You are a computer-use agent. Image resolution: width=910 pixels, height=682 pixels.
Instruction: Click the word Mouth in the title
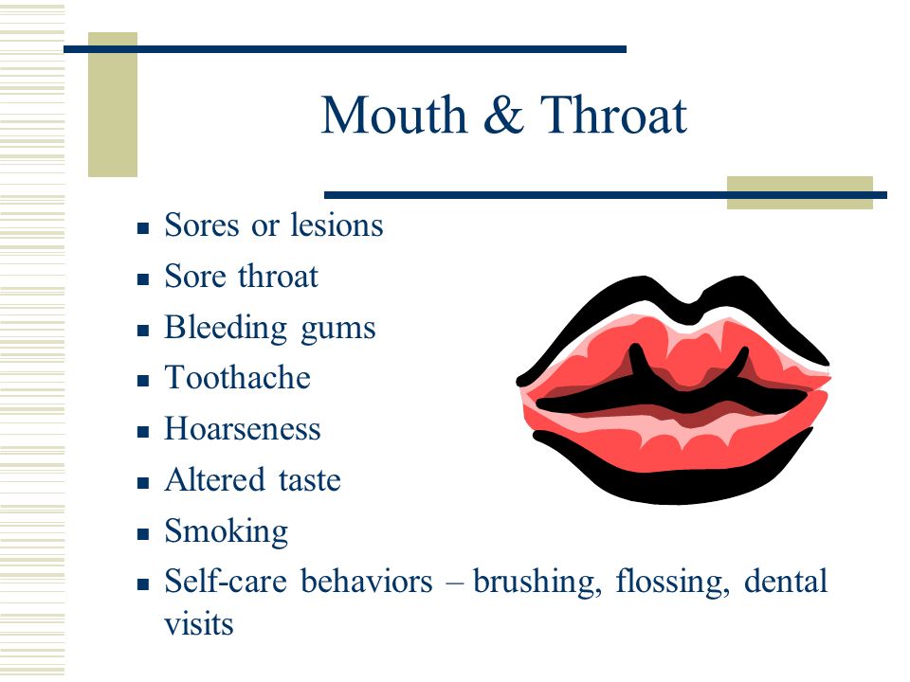394,115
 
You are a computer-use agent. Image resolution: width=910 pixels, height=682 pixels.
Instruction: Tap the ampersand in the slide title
503,115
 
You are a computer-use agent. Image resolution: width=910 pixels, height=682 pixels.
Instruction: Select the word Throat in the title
613,115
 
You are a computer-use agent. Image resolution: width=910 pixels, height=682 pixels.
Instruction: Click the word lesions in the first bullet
337,225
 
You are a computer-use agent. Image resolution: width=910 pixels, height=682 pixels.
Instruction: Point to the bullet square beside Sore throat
143,279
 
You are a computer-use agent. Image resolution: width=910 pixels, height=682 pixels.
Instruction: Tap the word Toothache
237,378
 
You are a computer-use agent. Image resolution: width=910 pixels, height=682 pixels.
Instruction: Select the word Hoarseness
243,429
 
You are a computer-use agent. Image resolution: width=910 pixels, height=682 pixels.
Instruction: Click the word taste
309,481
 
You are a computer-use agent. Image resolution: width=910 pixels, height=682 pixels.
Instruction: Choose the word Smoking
227,531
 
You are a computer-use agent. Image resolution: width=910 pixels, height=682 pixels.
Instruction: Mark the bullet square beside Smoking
143,534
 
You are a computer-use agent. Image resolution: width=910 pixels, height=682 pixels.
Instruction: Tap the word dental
785,581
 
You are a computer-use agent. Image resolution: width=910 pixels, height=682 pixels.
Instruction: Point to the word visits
198,624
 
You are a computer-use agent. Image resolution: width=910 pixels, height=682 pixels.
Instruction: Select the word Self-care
226,581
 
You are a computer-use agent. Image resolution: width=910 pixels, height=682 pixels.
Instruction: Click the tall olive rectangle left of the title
113,104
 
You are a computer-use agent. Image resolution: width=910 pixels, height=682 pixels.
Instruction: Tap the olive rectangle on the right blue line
800,192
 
